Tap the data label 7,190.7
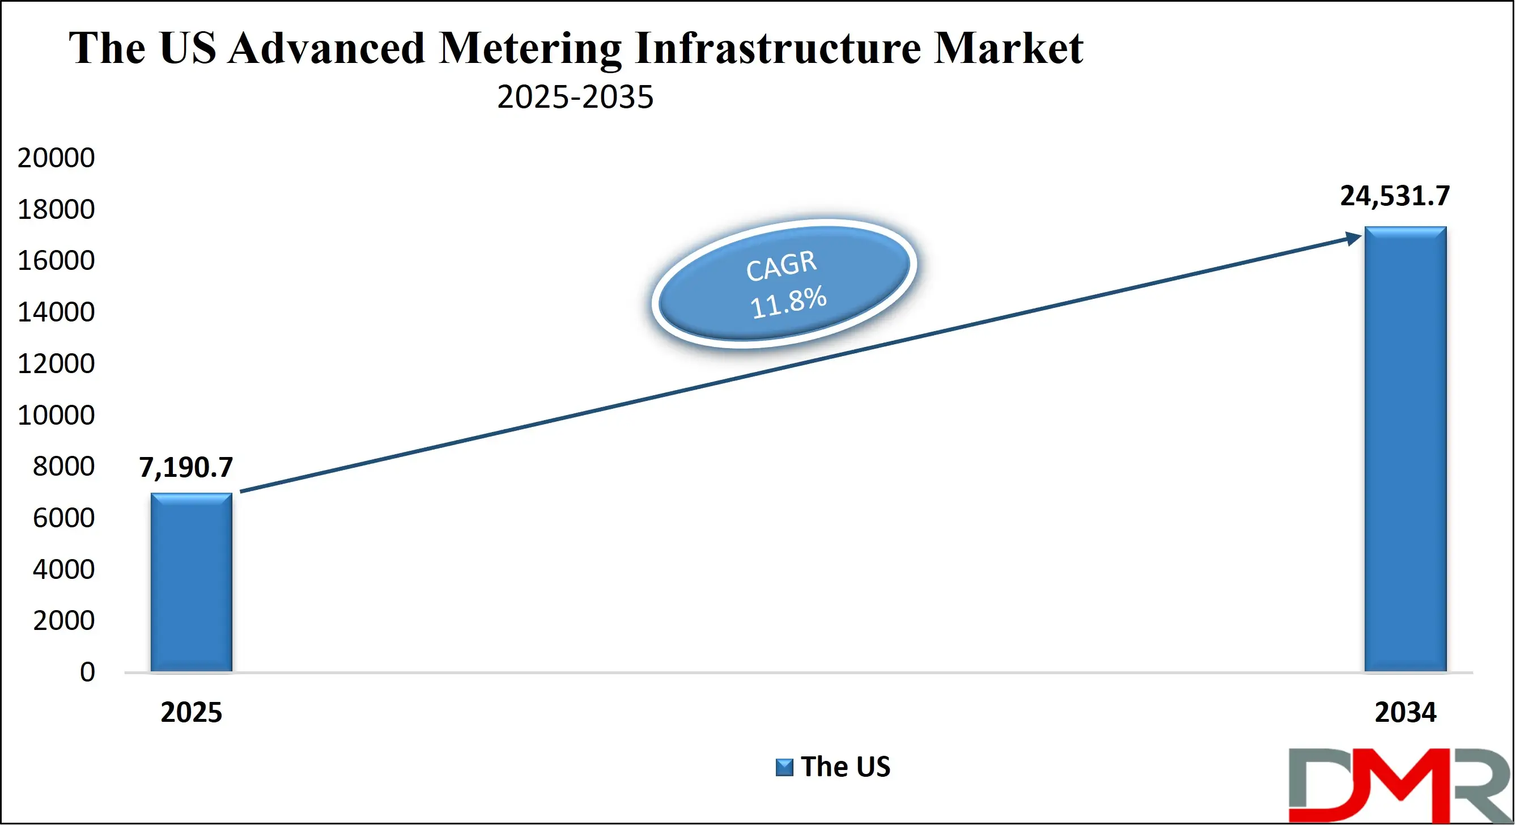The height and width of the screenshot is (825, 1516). [x=186, y=467]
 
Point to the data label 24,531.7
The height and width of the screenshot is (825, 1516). [x=1394, y=196]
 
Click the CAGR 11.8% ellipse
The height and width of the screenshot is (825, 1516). [x=784, y=284]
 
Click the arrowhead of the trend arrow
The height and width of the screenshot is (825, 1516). [x=1353, y=238]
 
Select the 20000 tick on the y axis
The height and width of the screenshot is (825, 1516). [x=56, y=158]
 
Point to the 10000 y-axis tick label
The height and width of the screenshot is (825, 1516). [x=56, y=415]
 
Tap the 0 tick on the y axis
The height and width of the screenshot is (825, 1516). [x=87, y=672]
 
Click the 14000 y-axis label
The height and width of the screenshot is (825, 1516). [x=56, y=312]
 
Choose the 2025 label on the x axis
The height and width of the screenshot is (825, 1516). [x=191, y=713]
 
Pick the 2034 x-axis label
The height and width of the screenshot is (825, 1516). [x=1405, y=713]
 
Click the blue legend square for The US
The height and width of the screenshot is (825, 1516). [x=784, y=767]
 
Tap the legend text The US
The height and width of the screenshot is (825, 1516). [x=845, y=767]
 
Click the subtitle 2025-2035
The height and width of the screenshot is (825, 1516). [x=575, y=96]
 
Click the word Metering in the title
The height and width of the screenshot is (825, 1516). [x=530, y=48]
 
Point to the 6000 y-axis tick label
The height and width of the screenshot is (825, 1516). [x=63, y=518]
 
